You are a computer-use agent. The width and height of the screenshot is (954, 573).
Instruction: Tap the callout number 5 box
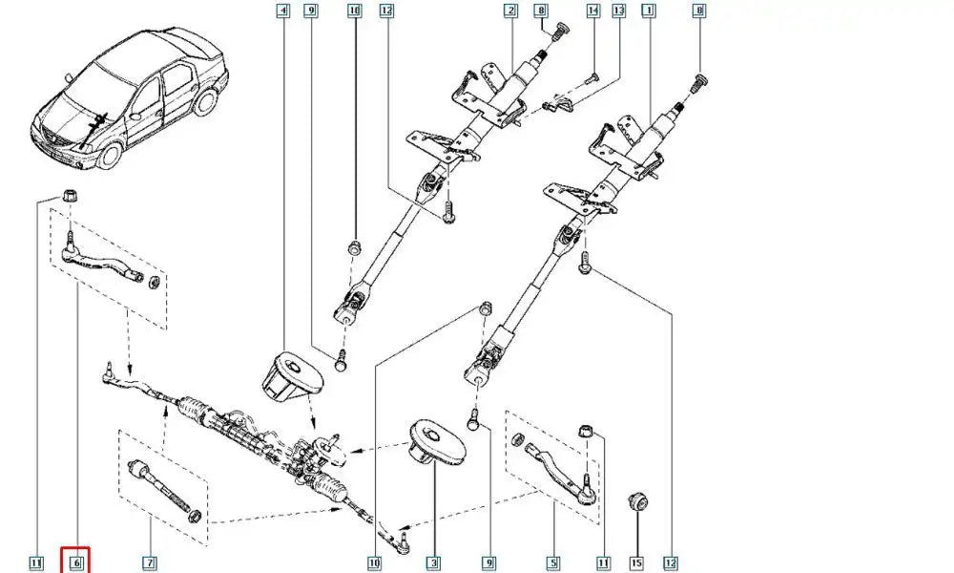pyautogui.click(x=554, y=562)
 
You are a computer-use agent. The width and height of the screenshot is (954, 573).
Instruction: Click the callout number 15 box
pyautogui.click(x=636, y=562)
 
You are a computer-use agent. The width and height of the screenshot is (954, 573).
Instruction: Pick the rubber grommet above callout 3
pyautogui.click(x=436, y=442)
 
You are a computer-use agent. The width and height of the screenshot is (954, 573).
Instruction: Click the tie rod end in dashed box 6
pyautogui.click(x=105, y=263)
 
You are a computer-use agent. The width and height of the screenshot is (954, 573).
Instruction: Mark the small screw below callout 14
pyautogui.click(x=591, y=75)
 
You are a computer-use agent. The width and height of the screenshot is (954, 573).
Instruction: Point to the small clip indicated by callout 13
pyautogui.click(x=553, y=104)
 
